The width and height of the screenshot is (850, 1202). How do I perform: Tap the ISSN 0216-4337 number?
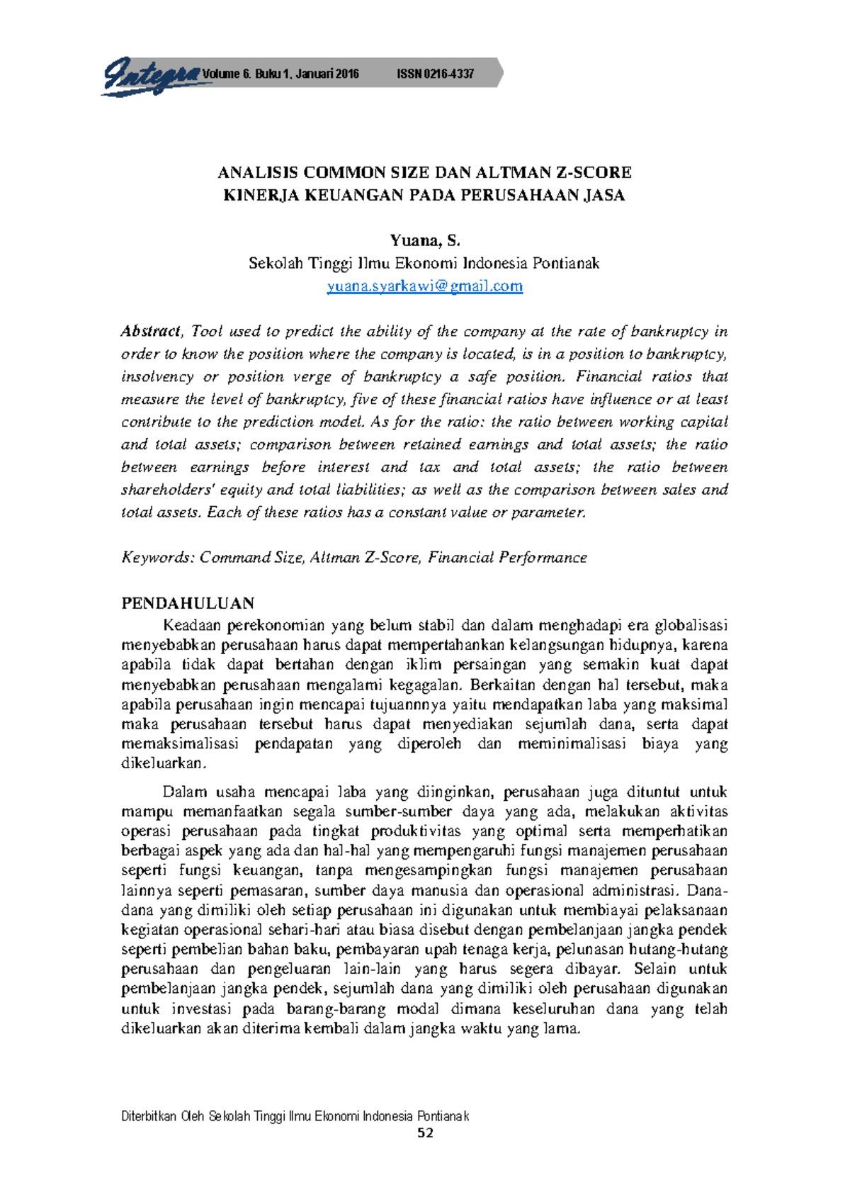435,74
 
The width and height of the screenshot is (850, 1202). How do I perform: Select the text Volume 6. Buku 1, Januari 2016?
280,74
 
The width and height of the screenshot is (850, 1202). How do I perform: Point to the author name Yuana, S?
424,241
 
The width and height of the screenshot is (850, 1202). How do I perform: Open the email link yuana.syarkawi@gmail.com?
424,286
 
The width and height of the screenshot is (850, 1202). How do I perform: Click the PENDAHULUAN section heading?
188,603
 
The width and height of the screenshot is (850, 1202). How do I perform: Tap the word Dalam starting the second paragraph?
184,792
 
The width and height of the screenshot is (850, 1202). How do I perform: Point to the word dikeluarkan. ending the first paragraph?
164,764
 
